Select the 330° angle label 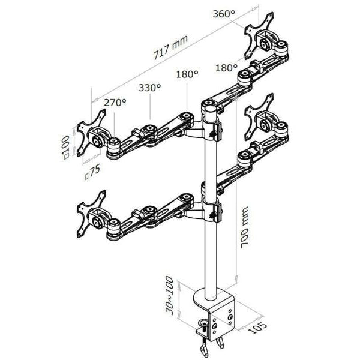[150, 88]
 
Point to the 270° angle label [115, 103]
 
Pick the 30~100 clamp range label [170, 296]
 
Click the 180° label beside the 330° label [187, 74]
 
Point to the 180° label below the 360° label [227, 68]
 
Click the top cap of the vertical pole [209, 104]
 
